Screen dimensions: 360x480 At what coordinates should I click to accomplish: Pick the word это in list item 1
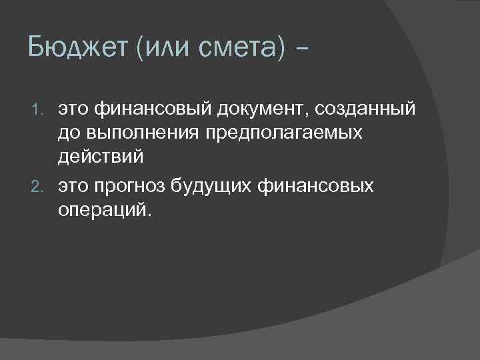coord(73,107)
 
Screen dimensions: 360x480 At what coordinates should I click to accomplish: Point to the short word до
coord(68,133)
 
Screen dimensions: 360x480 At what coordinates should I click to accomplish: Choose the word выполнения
coord(135,133)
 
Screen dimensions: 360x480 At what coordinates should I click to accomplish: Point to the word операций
coord(102,212)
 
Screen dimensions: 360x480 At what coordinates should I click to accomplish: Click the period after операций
coord(149,216)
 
